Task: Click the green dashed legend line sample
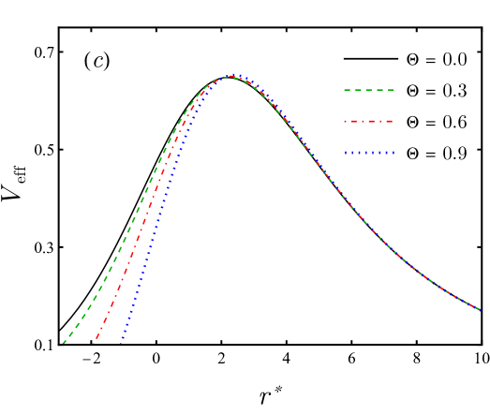tap(369, 91)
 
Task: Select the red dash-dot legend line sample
tap(368, 122)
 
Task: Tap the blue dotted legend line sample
tap(369, 154)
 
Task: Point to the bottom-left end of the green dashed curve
tap(63, 343)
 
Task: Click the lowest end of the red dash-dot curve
tap(94, 344)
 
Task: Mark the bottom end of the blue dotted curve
tap(121, 344)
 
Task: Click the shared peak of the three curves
tap(230, 76)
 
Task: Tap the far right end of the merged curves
tap(480, 310)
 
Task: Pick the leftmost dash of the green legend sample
tap(348, 91)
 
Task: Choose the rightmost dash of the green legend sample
tap(390, 91)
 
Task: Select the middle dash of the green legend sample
tap(369, 91)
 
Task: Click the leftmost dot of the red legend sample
tap(345, 122)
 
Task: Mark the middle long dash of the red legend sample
tap(369, 122)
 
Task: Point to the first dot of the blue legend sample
tap(346, 154)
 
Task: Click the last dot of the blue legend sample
tap(393, 154)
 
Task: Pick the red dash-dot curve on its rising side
tap(141, 234)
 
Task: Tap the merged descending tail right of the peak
tap(356, 211)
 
